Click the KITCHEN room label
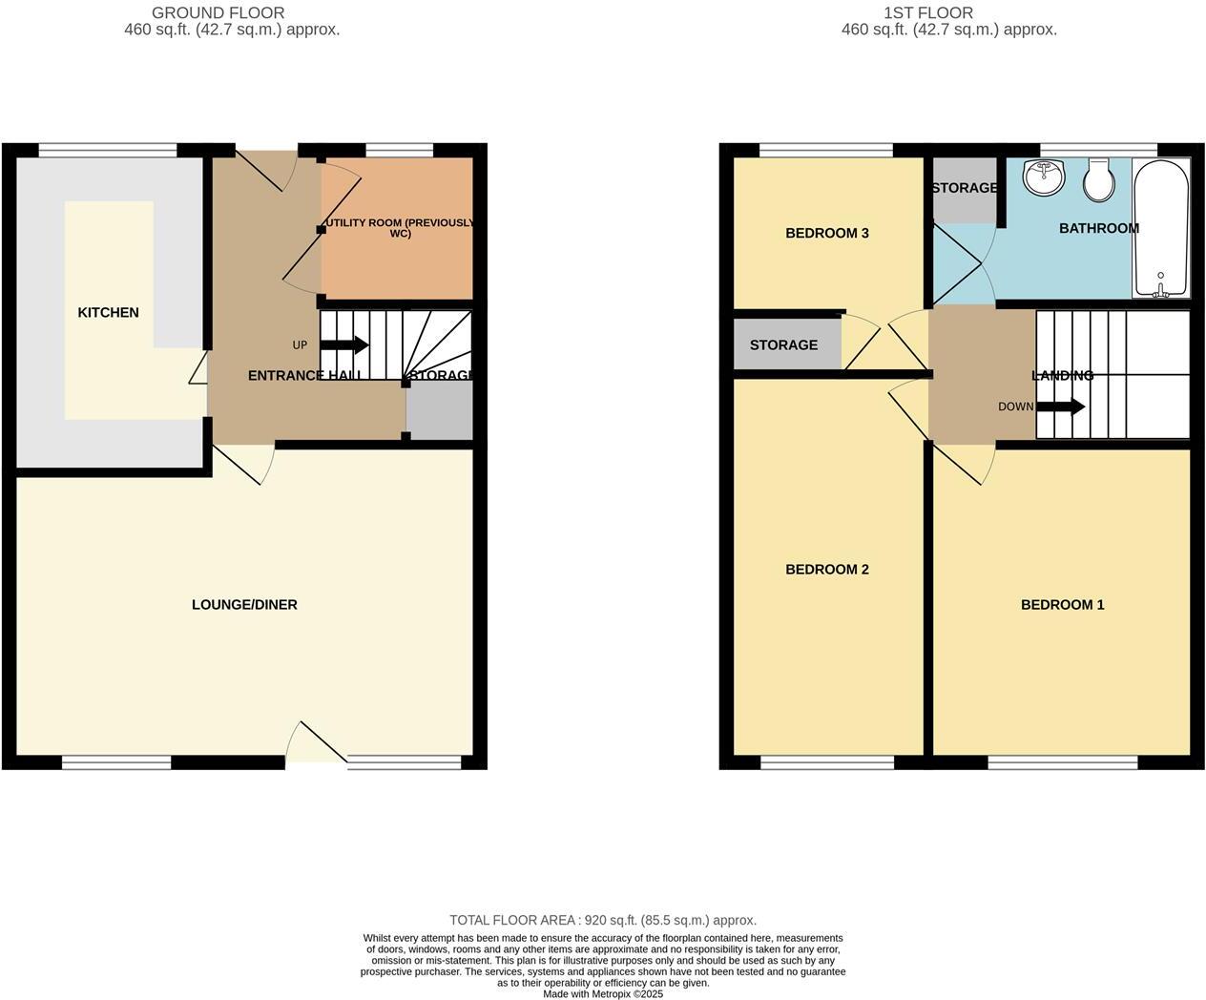coord(108,312)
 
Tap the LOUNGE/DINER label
coord(244,604)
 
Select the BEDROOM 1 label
coord(1062,604)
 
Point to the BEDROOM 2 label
coord(826,569)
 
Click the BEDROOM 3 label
coord(826,233)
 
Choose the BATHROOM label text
coord(1098,228)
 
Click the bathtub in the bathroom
coord(1160,229)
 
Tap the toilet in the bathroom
coord(1098,180)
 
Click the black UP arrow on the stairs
coord(344,344)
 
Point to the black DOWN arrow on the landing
coord(1060,406)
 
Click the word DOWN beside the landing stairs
coord(1015,406)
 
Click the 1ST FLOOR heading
coord(927,13)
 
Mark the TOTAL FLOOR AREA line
coord(603,920)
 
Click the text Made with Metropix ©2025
coord(603,993)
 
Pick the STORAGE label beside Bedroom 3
coord(783,344)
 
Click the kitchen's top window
coord(108,150)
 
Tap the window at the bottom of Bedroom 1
coord(1062,761)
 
